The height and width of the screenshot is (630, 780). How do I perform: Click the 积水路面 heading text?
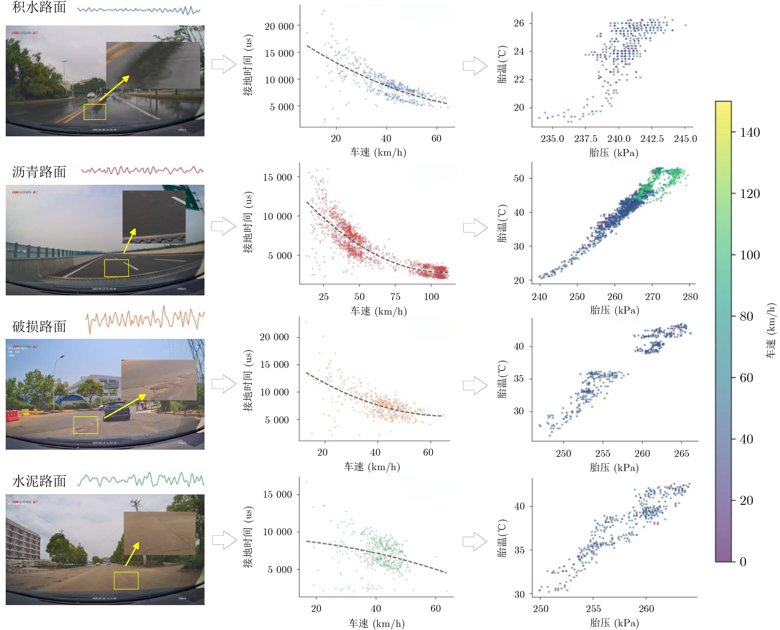click(x=39, y=7)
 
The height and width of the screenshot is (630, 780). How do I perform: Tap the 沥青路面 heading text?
click(x=39, y=172)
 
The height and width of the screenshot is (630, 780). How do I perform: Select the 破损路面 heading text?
click(x=39, y=326)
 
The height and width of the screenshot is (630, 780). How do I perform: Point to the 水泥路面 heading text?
click(x=39, y=481)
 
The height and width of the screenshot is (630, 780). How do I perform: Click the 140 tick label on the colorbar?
click(x=750, y=132)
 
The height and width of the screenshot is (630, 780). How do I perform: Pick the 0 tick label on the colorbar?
click(x=743, y=562)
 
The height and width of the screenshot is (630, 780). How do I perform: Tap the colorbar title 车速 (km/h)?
click(x=771, y=330)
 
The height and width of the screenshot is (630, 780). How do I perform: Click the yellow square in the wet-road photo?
click(x=95, y=112)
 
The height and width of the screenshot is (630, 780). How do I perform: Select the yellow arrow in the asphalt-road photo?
click(x=129, y=240)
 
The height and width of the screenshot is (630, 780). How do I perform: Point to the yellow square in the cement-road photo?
click(x=126, y=580)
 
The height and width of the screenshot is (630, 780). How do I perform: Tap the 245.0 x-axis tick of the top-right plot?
click(x=685, y=139)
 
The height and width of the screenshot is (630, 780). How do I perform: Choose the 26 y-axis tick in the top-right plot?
click(x=519, y=23)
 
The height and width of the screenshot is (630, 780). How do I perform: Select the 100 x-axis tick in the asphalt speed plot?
click(x=431, y=297)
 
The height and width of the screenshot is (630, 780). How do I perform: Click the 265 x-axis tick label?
click(x=681, y=453)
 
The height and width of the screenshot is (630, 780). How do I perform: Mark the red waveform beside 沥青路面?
click(x=142, y=170)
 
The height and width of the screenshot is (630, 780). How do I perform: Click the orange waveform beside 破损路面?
click(x=145, y=319)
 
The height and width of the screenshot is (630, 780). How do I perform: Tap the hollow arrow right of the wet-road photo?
click(x=224, y=64)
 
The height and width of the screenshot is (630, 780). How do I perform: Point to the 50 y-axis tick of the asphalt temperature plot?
click(x=519, y=178)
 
